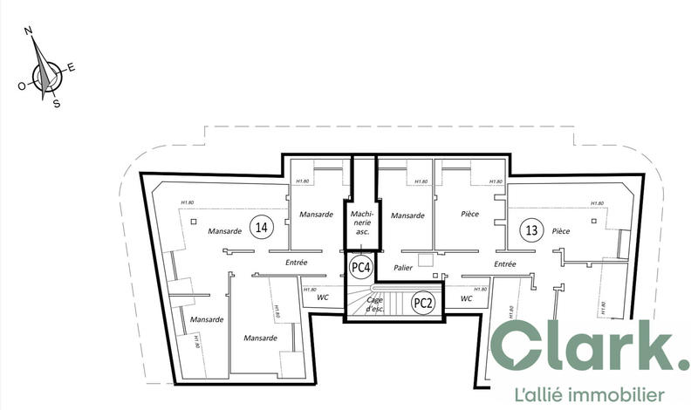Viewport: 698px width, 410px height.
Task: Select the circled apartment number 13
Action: coord(530,230)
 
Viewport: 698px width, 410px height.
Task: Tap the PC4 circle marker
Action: coord(359,265)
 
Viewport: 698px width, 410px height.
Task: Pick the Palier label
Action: coord(403,268)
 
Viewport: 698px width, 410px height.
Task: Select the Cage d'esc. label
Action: coord(376,304)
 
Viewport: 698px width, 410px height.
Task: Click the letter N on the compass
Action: coord(29,31)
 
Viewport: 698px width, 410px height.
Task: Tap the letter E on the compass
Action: coord(72,67)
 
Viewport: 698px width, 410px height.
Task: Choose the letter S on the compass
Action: coord(57,104)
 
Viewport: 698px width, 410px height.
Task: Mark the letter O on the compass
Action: coord(21,85)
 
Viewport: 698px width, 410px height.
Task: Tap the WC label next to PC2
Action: coord(466,298)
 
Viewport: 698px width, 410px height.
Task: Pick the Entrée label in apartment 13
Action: coord(506,264)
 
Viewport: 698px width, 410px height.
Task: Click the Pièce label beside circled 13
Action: coord(561,231)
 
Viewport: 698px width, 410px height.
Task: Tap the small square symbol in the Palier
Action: coord(425,258)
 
